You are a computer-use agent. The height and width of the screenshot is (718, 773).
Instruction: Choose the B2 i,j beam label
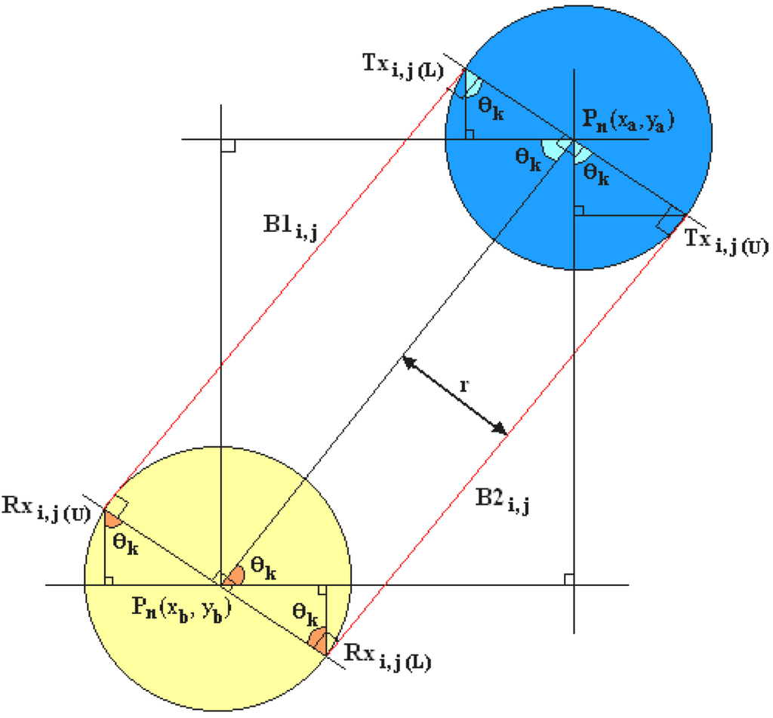[x=502, y=499]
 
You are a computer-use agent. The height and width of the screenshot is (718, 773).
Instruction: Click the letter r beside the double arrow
[x=463, y=385]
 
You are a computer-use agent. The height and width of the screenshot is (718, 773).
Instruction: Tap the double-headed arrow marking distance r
[x=454, y=396]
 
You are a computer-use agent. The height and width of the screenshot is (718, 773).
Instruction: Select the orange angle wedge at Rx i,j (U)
[x=113, y=517]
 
